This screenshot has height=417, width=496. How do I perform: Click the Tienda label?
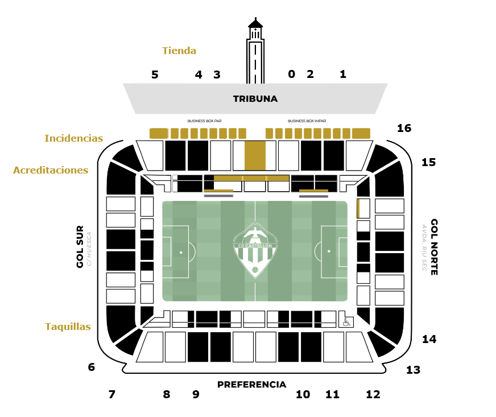coord(179,51)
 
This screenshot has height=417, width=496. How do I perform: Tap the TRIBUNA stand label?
coord(255,99)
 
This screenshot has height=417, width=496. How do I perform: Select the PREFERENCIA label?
coord(251,385)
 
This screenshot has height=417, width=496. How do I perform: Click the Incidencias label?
coord(74,138)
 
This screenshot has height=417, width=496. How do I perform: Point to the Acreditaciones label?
coord(51,170)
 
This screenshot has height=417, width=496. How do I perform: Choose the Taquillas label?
coord(68,327)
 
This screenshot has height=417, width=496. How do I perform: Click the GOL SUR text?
coord(80,246)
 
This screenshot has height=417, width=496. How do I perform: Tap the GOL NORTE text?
coord(434,247)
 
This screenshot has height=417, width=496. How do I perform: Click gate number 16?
coord(404,129)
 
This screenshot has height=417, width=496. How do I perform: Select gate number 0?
coord(291,74)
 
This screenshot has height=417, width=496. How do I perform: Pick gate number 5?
coord(155,75)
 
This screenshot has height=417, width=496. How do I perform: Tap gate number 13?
coord(413,370)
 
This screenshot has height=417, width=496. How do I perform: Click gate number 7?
coord(111,394)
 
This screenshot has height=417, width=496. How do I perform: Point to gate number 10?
coord(303,394)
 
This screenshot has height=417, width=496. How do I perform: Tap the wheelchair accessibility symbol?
coord(346,322)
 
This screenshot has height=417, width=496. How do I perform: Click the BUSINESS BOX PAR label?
coord(204,121)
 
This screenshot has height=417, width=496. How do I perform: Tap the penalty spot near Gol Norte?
coord(329,251)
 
